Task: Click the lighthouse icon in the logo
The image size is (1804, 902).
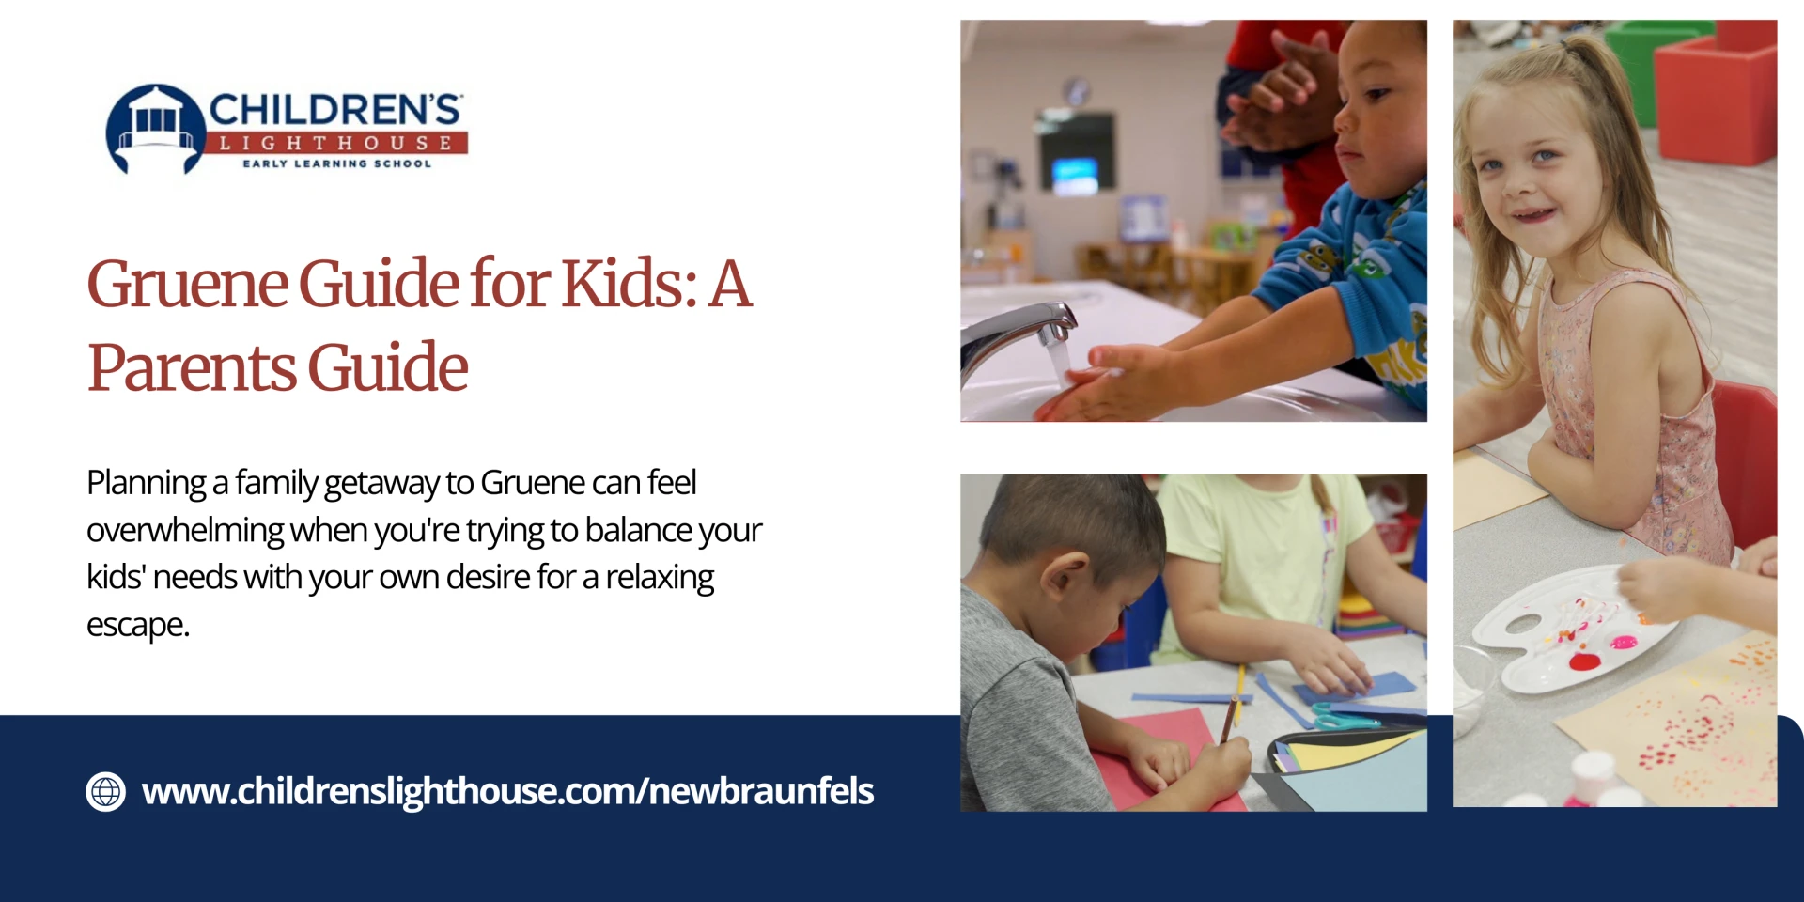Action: [155, 130]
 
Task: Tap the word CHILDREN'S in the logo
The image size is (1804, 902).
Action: [335, 110]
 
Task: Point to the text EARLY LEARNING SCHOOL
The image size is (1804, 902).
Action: [337, 163]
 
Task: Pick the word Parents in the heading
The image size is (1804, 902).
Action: [193, 367]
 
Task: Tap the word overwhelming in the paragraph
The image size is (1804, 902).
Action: [185, 531]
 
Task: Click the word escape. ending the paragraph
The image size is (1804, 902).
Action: [138, 626]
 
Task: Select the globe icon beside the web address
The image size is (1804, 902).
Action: [106, 792]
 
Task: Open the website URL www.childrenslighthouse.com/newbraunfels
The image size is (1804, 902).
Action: [507, 792]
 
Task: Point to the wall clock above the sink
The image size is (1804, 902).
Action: [1077, 90]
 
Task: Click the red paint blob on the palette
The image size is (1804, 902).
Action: [1584, 661]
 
